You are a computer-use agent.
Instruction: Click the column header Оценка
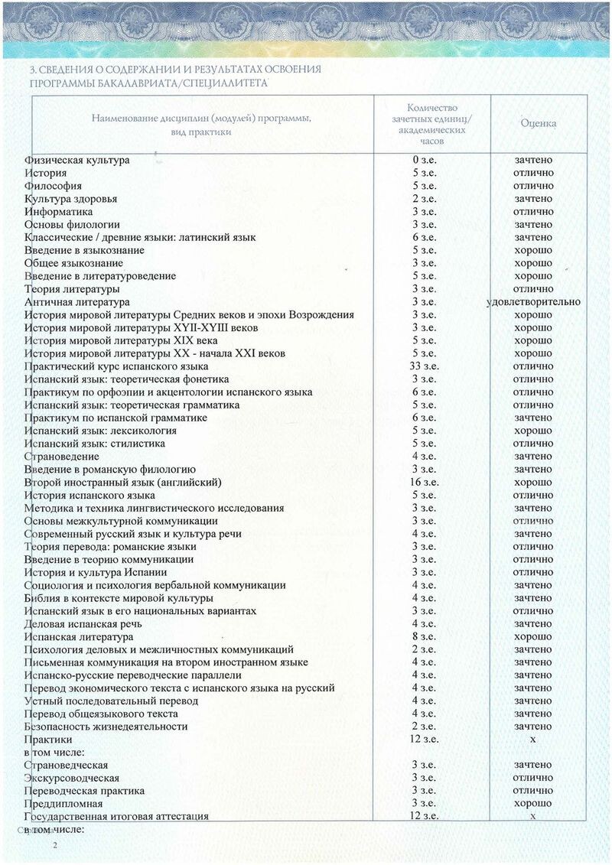tap(538, 123)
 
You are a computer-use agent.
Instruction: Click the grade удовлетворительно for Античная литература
tap(533, 302)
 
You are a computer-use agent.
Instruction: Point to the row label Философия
tap(53, 186)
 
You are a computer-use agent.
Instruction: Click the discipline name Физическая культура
tap(76, 160)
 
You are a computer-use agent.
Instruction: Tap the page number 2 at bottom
tap(54, 845)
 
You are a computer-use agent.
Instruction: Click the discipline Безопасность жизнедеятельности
tap(106, 727)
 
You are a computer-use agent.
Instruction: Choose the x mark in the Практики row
tap(533, 740)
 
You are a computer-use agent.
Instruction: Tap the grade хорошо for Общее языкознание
tap(533, 263)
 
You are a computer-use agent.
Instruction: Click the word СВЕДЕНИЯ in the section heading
tap(65, 70)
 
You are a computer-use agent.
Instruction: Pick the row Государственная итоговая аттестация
tap(116, 817)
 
